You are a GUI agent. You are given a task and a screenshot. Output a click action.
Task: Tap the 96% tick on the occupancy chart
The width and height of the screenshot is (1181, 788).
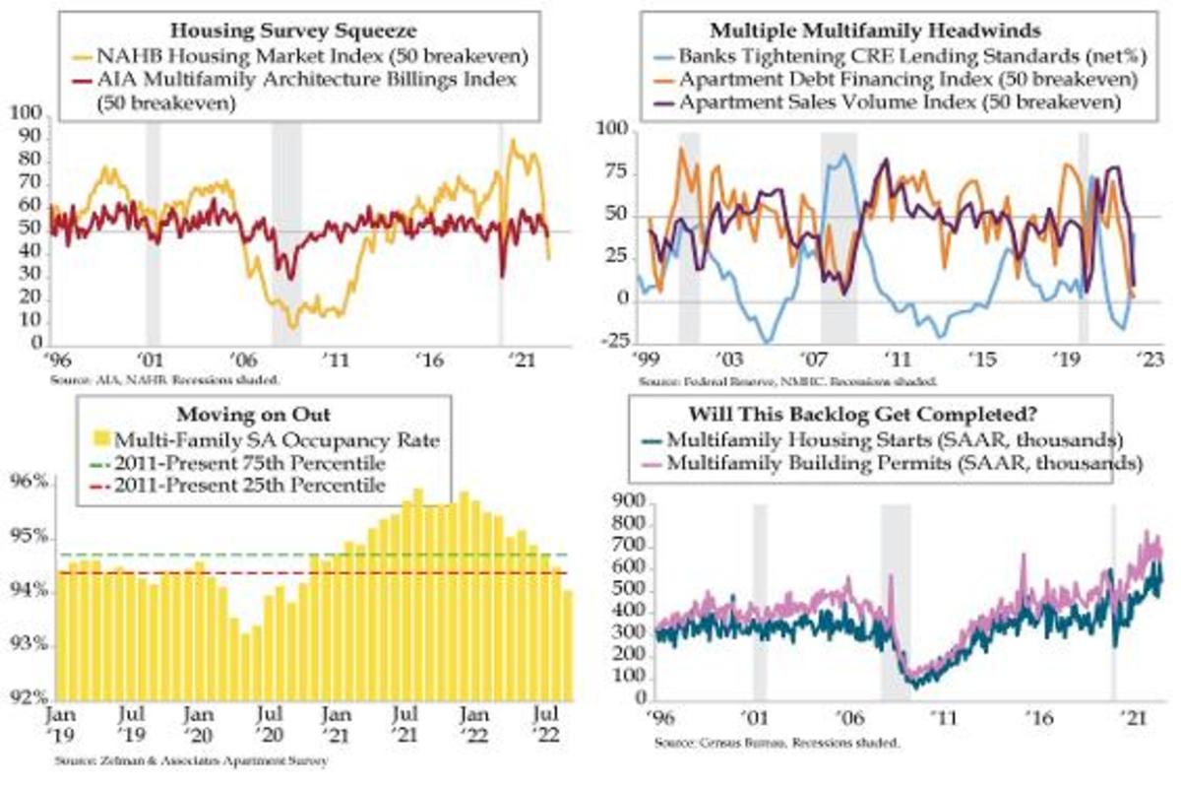[x=30, y=484]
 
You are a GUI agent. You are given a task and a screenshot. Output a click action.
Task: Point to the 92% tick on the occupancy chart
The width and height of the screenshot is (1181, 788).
[x=30, y=697]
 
